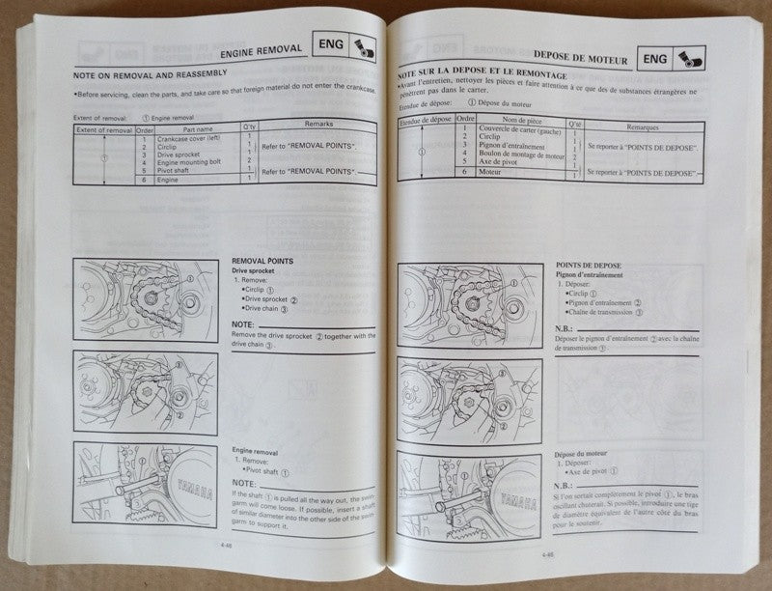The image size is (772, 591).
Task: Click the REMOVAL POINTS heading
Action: point(263,261)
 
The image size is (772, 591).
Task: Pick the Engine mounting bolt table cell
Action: point(191,162)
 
